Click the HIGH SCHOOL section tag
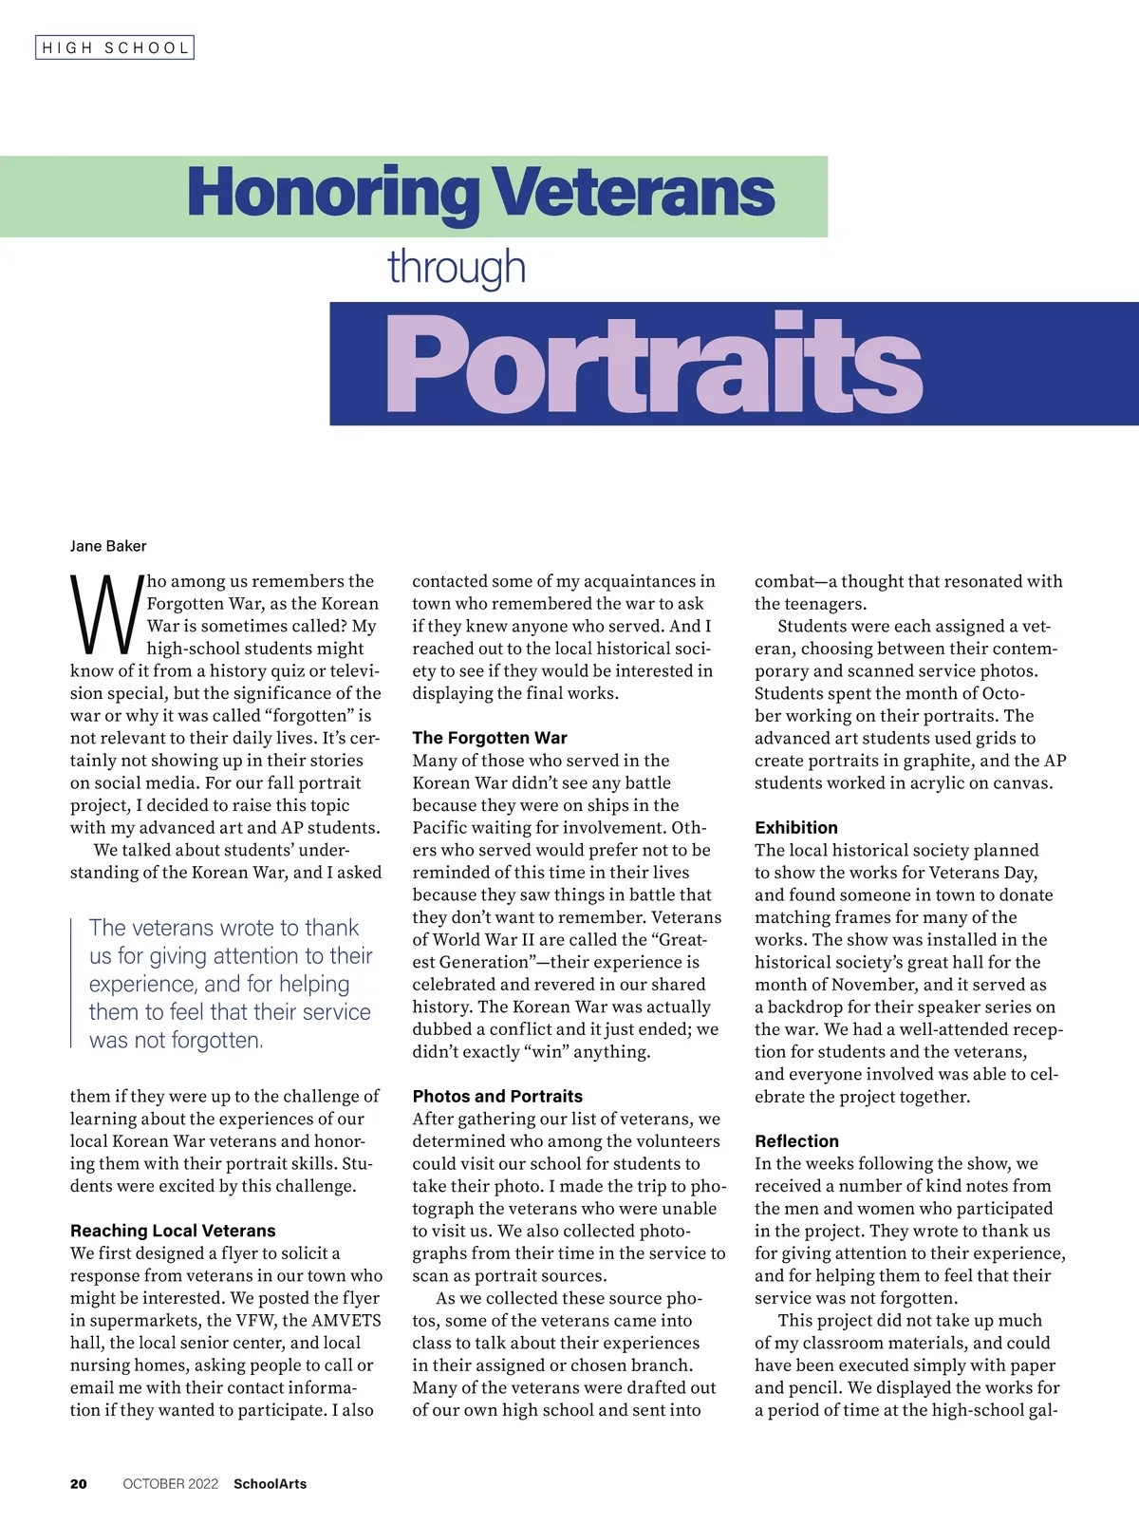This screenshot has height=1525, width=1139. (x=115, y=47)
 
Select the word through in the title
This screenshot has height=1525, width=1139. (x=457, y=268)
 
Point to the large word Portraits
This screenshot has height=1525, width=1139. (x=653, y=365)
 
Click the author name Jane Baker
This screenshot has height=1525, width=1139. (x=108, y=546)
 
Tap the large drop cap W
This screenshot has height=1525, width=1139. (x=105, y=615)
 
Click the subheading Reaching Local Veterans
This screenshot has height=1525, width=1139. (x=173, y=1231)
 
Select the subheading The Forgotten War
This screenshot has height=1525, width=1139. (x=490, y=738)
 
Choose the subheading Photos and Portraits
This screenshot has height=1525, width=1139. (x=497, y=1096)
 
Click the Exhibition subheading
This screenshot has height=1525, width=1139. (x=796, y=827)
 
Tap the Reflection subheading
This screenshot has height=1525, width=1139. (x=797, y=1140)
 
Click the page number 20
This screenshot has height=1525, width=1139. (x=79, y=1483)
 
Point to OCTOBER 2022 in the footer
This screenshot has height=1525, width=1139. (x=171, y=1483)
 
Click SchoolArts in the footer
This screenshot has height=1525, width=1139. (x=271, y=1483)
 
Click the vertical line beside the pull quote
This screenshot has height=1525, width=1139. (x=72, y=983)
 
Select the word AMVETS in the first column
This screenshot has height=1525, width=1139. (x=346, y=1320)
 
